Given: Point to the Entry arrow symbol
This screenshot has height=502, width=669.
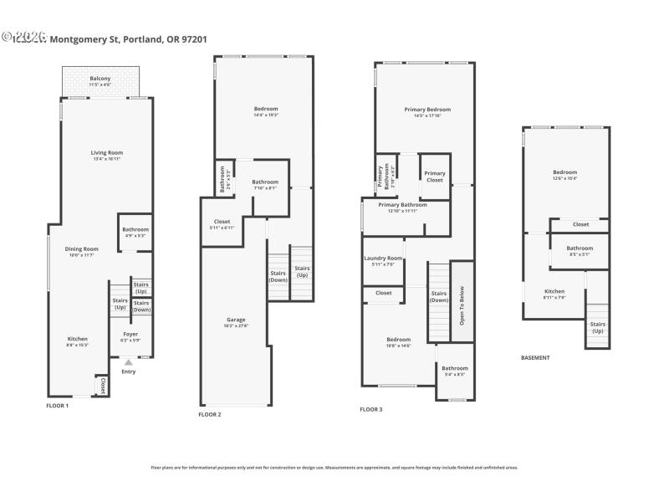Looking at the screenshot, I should (x=128, y=362).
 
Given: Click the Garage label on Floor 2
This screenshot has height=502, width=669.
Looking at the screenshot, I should (x=236, y=321).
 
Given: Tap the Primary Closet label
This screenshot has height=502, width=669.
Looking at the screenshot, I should (x=435, y=176).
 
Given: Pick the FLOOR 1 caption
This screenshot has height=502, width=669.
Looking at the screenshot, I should (x=57, y=405).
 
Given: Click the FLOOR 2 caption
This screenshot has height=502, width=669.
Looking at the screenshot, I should (x=209, y=414).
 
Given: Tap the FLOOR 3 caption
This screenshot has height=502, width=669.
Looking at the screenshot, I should (x=371, y=409).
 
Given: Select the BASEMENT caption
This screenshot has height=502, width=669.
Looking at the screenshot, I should (x=535, y=357).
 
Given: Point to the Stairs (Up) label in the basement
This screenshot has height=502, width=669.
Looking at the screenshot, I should (x=597, y=326).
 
